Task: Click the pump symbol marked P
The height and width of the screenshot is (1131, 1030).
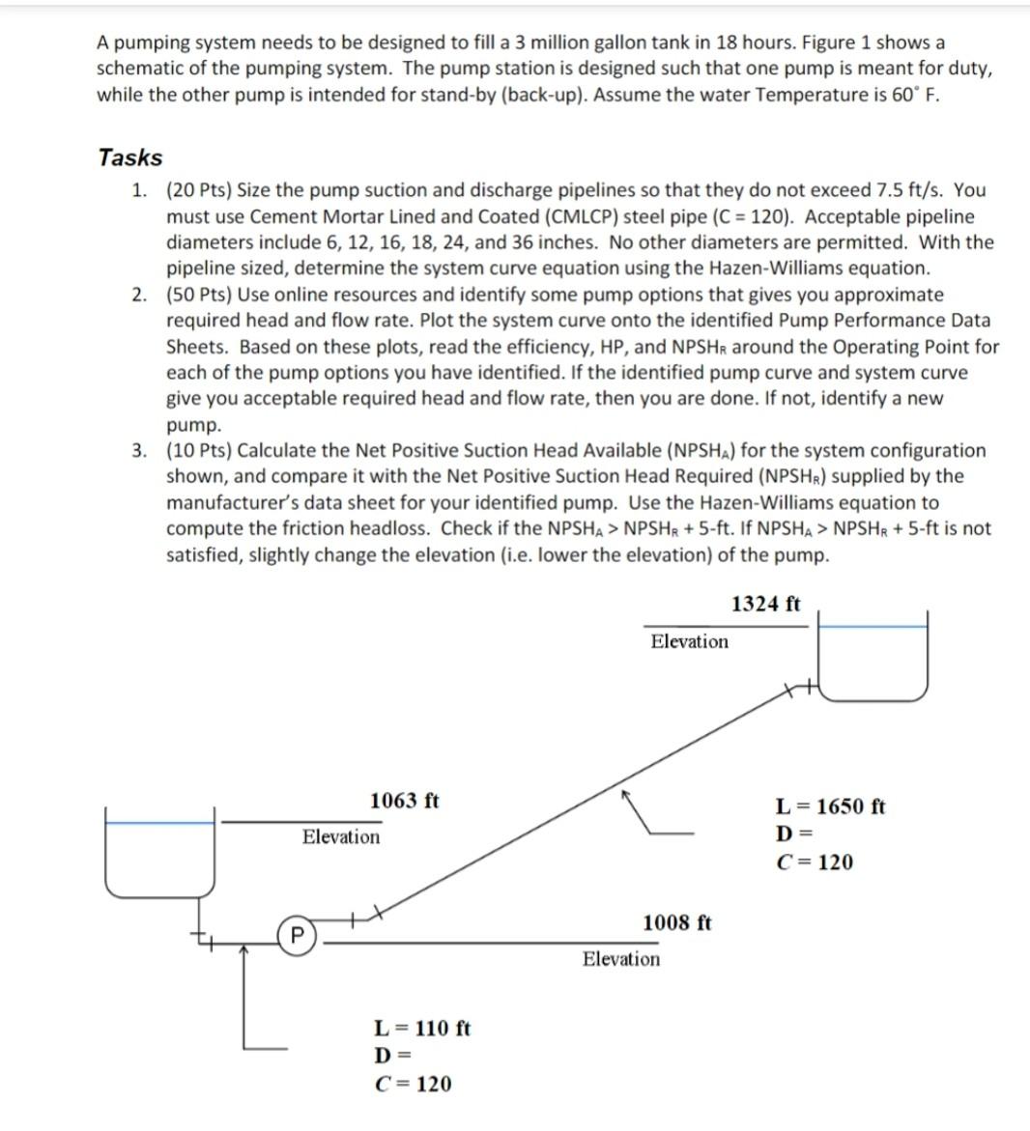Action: pos(298,935)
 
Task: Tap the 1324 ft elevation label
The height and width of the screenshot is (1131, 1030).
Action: pos(765,604)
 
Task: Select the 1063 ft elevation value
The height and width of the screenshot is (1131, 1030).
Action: pos(404,801)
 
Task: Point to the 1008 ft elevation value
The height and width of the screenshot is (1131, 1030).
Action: pos(676,922)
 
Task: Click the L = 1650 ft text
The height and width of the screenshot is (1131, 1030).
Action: pos(830,806)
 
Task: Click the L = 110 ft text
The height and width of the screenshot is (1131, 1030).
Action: pos(421,1028)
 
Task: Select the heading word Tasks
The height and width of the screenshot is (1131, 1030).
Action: pos(130,157)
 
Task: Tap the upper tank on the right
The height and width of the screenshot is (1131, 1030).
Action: pos(873,657)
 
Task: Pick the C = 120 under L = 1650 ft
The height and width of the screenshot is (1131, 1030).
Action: pos(815,862)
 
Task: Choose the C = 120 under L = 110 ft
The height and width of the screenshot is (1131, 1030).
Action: pos(413,1084)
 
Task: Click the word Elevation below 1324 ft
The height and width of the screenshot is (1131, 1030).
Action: pos(689,641)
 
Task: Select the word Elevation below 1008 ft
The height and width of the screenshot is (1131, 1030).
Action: pos(620,959)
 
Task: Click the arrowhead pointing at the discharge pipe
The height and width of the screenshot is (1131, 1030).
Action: pos(626,794)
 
